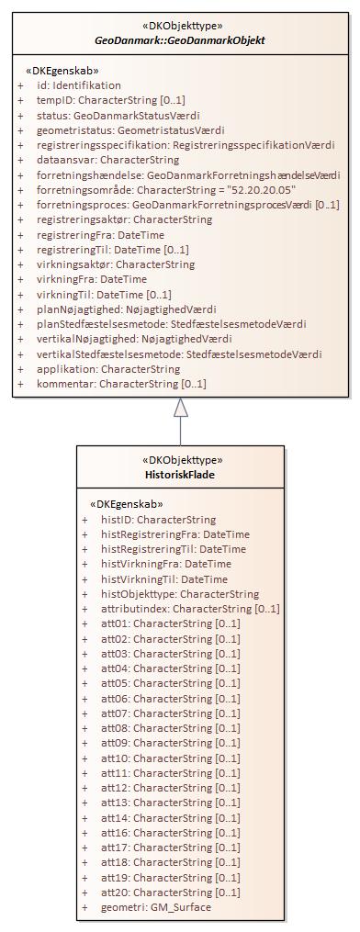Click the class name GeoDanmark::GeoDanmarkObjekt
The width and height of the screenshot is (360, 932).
(x=180, y=41)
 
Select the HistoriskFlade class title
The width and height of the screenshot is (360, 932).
(x=180, y=475)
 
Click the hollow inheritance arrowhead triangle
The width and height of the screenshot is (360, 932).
(x=181, y=408)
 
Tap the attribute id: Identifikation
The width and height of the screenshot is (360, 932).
(x=78, y=85)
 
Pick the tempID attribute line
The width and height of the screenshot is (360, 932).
(x=102, y=100)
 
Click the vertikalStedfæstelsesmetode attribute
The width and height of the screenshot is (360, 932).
(x=179, y=354)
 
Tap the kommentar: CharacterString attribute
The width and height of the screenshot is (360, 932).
(x=121, y=385)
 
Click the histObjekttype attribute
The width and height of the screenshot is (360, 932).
(x=180, y=594)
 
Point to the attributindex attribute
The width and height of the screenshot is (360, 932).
(x=190, y=610)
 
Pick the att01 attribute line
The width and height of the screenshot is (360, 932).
(x=171, y=624)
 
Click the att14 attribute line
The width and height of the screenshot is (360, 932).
(x=171, y=818)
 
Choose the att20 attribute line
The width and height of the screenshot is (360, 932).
(x=171, y=893)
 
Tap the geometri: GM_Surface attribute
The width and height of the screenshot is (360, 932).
(x=156, y=907)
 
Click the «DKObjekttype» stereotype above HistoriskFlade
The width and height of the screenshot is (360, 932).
(x=181, y=461)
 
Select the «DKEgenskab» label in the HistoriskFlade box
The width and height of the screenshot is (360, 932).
(x=125, y=505)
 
